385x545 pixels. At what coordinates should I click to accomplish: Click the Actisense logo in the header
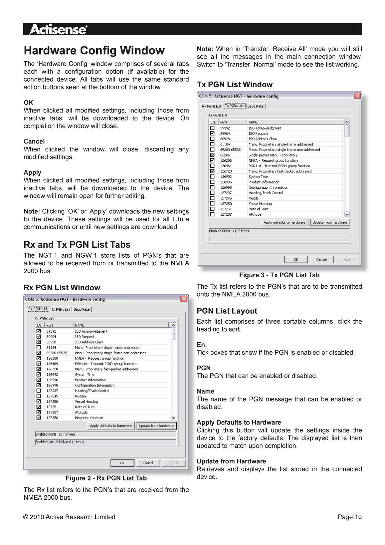(59, 30)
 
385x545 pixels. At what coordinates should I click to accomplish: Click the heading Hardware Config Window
(94, 51)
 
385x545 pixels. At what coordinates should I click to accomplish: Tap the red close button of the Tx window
(357, 96)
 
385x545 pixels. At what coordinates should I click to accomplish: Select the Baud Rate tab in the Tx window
(255, 106)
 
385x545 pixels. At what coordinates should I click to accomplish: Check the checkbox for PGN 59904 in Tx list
(212, 134)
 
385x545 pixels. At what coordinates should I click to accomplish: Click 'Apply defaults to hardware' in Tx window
(284, 222)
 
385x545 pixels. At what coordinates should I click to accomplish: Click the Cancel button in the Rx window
(148, 463)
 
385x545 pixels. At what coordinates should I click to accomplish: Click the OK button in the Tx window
(295, 259)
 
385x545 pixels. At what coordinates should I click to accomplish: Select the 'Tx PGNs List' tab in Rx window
(61, 309)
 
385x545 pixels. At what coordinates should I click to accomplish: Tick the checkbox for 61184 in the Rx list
(39, 347)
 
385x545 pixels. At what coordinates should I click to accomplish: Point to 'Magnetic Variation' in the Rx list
(89, 418)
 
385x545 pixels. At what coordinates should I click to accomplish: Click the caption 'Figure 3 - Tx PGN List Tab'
(279, 275)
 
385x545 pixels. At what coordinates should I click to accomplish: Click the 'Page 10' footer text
(349, 517)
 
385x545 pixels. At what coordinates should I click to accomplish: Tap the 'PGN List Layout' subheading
(227, 311)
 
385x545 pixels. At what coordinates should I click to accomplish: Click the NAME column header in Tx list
(253, 122)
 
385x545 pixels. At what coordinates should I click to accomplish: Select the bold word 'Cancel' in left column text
(34, 141)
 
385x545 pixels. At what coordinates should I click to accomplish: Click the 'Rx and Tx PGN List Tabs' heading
(77, 245)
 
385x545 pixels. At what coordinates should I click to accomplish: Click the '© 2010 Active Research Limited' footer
(69, 517)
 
